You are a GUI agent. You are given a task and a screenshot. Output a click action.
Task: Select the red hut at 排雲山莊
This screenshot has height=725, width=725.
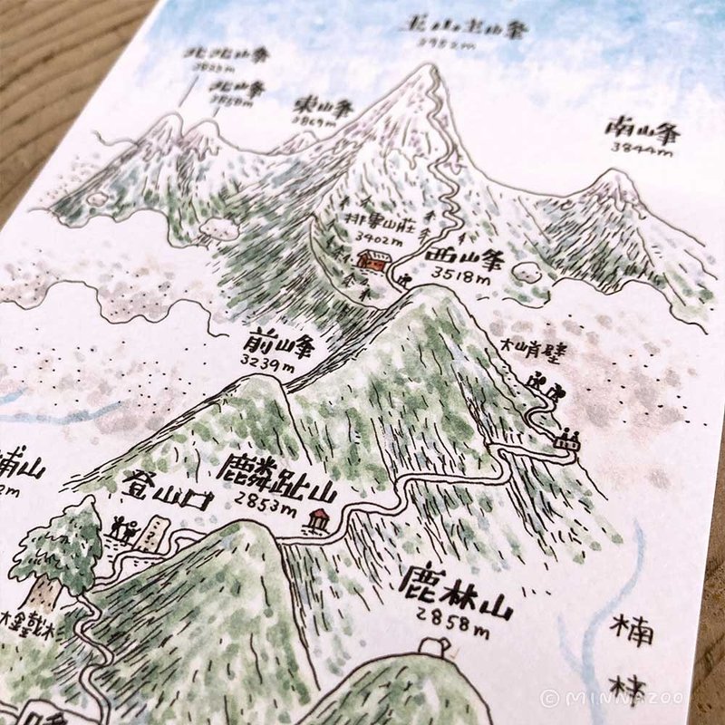tap(372, 259)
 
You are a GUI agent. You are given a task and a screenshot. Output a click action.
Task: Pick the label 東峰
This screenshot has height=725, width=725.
tap(314, 106)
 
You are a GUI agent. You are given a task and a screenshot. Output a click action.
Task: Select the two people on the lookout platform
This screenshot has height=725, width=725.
tap(569, 440)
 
